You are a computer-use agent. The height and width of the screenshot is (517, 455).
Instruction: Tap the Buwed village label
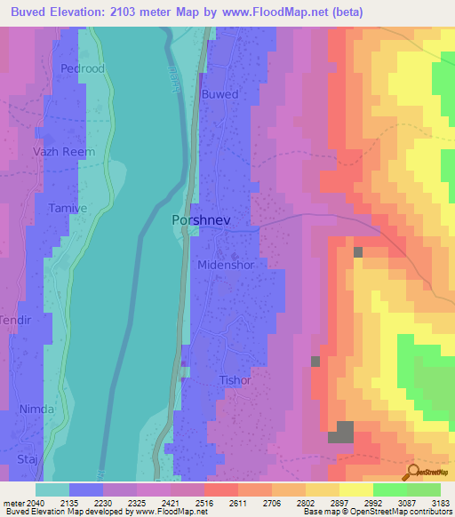(x=220, y=93)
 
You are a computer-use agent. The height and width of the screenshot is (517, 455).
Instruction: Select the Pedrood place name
(x=82, y=68)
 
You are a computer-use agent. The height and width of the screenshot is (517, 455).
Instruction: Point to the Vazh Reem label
(x=63, y=152)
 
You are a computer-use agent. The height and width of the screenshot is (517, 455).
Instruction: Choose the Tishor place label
(x=235, y=380)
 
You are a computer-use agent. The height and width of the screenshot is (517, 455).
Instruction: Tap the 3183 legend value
(x=441, y=501)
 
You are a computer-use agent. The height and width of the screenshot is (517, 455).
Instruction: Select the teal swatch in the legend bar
(x=52, y=489)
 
